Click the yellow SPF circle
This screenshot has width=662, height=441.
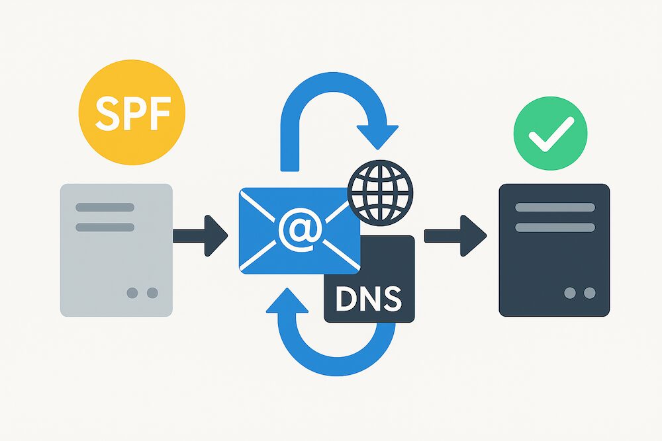coord(132,112)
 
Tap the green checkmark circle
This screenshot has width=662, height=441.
coord(550,133)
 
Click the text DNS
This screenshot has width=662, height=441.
coord(369,299)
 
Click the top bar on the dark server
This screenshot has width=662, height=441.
coord(554,207)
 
